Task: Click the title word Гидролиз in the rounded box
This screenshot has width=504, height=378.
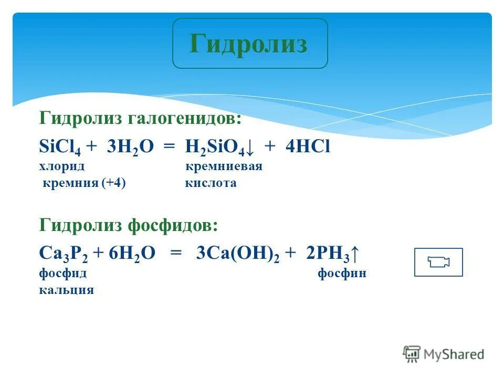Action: tap(248, 44)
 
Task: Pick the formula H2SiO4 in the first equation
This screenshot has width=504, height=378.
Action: tap(214, 148)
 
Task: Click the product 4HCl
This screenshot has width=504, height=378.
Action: tap(308, 148)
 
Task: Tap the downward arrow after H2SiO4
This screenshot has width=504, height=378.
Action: tap(249, 149)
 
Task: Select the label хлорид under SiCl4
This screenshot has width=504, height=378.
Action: tap(62, 167)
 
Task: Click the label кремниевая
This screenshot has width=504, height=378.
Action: tap(224, 167)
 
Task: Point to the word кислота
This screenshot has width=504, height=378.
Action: tap(211, 183)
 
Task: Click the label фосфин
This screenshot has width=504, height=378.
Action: tap(342, 274)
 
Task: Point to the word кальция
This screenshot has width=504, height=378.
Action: tap(66, 290)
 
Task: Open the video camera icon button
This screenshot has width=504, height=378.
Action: tap(438, 262)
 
